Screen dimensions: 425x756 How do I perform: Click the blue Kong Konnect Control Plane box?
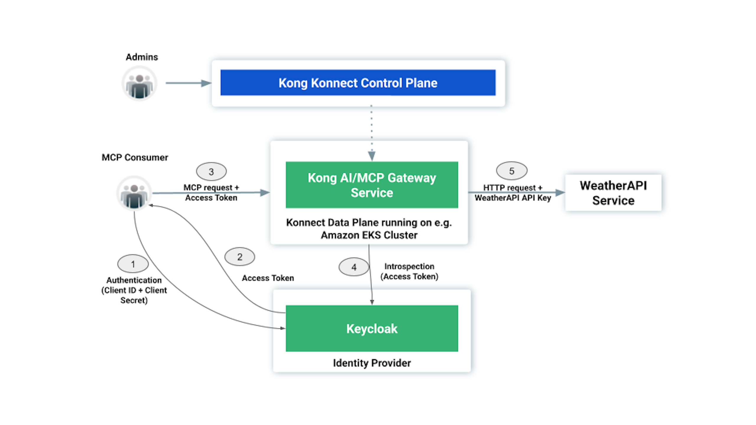[x=358, y=83]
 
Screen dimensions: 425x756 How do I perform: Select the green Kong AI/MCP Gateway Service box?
[x=372, y=185]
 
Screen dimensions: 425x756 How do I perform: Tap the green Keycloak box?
[x=372, y=328]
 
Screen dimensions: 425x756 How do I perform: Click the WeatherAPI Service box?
[x=613, y=193]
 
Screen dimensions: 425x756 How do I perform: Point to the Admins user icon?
[x=139, y=84]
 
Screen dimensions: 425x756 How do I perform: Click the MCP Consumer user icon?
[x=134, y=193]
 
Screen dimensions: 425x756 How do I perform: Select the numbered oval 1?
[x=133, y=264]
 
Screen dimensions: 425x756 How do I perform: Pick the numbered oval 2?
[x=239, y=257]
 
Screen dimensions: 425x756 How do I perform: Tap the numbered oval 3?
[x=211, y=171]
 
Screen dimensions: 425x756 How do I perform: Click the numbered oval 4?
[x=354, y=267]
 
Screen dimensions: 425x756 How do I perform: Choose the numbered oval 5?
[x=511, y=171]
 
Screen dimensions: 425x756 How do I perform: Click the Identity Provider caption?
[x=372, y=363]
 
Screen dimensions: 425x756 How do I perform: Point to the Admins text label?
[x=142, y=57]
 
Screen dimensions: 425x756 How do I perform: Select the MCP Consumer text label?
[x=135, y=157]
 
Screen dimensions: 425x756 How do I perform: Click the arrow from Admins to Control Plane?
[x=188, y=83]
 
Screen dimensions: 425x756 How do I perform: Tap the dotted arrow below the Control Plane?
[x=372, y=133]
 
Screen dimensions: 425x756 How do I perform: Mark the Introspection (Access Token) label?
[x=409, y=271]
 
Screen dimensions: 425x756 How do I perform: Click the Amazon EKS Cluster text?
[x=369, y=235]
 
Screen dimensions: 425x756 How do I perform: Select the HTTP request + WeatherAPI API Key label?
[x=513, y=193]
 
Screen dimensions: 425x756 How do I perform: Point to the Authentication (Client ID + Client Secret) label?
[x=134, y=290]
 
